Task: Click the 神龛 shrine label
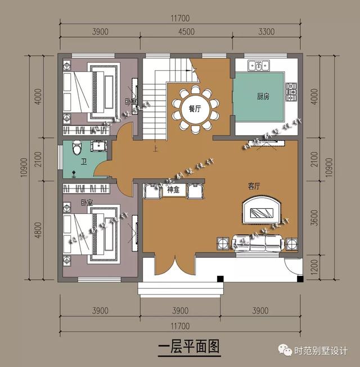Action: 173,190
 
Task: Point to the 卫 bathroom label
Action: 83,161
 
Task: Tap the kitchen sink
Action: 260,66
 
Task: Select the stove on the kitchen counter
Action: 291,89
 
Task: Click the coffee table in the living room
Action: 261,212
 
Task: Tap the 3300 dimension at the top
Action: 266,32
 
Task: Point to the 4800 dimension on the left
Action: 38,230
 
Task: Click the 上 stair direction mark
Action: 155,149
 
